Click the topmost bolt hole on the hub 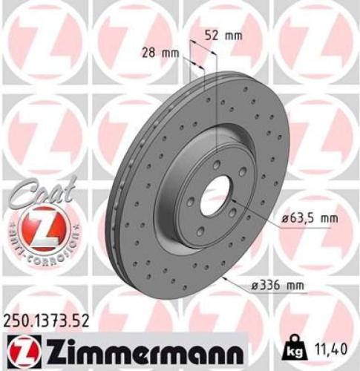click(215, 167)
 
